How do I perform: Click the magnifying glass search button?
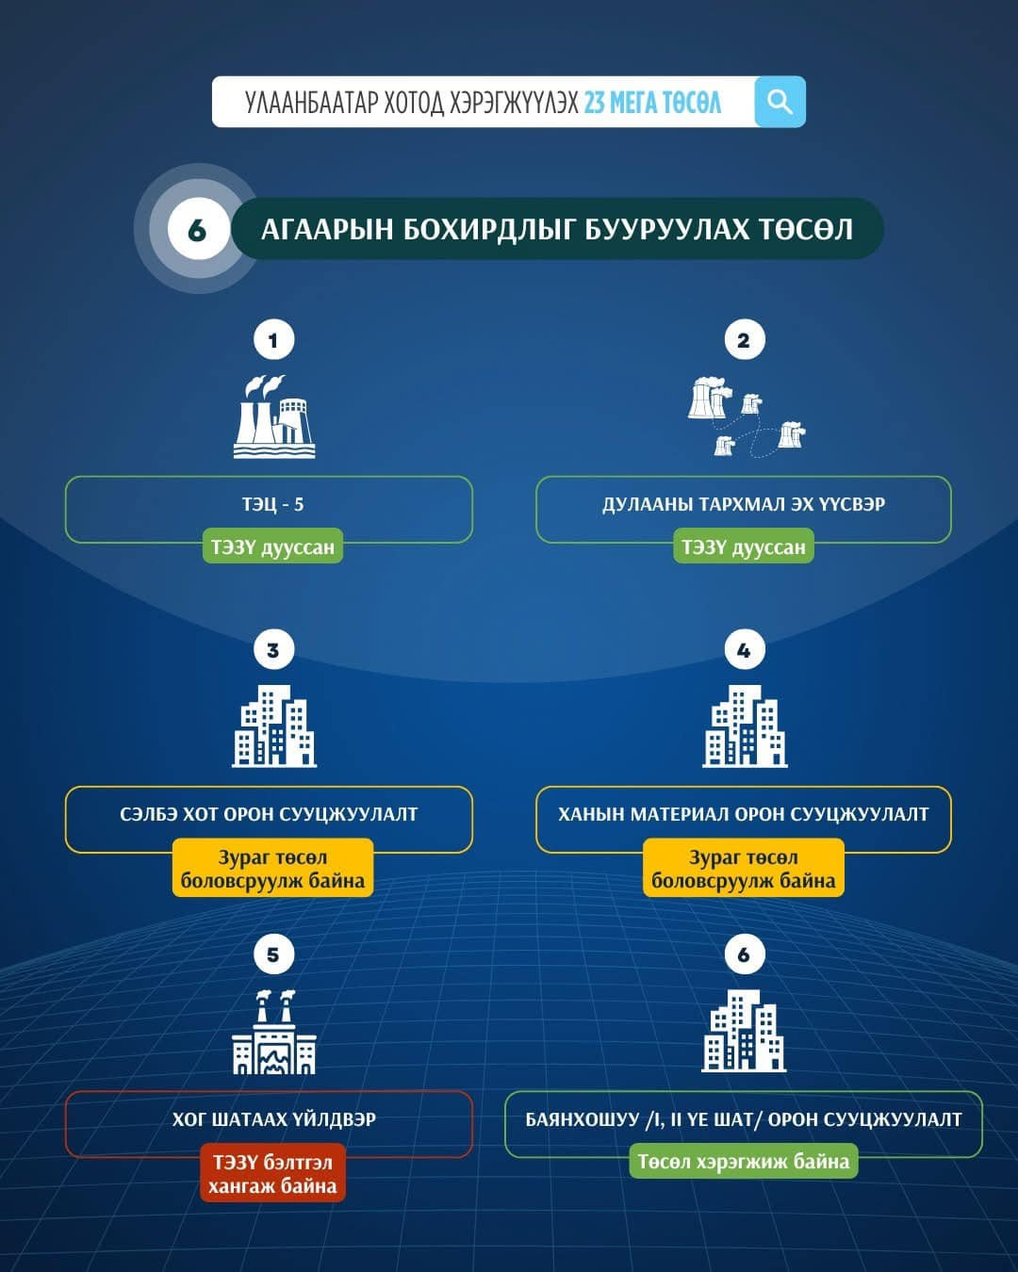(x=780, y=102)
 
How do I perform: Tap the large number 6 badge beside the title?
(x=197, y=229)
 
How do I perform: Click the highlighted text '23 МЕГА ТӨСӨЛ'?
(x=652, y=102)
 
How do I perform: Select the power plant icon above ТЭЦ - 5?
(x=273, y=416)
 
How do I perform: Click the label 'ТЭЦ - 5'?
(x=272, y=505)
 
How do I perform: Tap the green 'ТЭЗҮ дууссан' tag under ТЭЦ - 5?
(x=272, y=547)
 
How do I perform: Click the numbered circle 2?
(x=744, y=340)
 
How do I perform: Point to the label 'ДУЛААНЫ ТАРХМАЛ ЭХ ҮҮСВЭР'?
(x=744, y=505)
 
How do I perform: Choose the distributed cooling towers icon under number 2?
(x=746, y=416)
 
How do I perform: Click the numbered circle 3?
(x=273, y=650)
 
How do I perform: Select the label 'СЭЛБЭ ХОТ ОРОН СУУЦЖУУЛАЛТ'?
(x=269, y=815)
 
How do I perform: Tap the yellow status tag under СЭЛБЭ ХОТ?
(x=272, y=869)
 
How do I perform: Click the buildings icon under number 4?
(x=745, y=726)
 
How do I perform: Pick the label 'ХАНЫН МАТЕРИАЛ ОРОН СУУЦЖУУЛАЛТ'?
(x=744, y=815)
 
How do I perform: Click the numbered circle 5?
(x=273, y=954)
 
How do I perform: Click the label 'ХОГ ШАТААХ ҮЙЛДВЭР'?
(x=273, y=1120)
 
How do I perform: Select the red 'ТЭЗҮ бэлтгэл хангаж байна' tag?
(x=272, y=1174)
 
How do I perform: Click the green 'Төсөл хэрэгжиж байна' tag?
(x=744, y=1162)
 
